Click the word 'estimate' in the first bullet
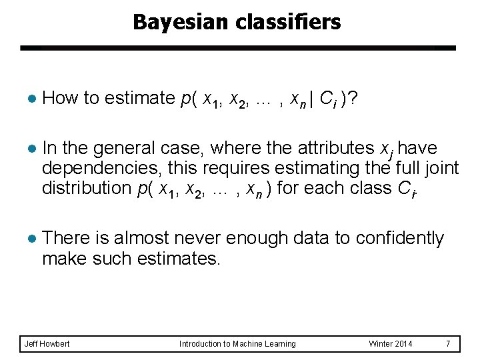click(139, 98)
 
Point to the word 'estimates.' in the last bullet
click(180, 259)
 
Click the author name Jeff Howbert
click(47, 344)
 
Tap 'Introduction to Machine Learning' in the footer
click(237, 344)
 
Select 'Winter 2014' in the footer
click(391, 344)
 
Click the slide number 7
click(448, 344)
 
